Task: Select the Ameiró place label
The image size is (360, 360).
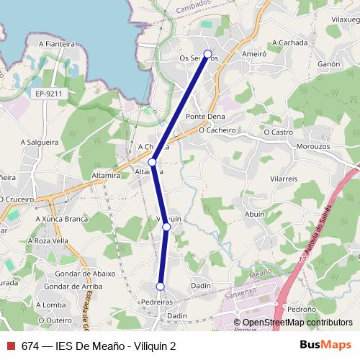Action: pos(254,53)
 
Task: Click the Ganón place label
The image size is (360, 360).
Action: pos(328,64)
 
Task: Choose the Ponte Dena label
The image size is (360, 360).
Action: pos(205,116)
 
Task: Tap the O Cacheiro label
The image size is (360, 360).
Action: pos(217,130)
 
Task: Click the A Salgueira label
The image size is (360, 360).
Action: pos(40,143)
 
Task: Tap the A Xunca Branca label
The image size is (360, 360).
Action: pos(48,217)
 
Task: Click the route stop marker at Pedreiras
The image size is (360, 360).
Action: pos(161,287)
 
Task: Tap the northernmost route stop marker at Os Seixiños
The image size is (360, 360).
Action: pos(208,54)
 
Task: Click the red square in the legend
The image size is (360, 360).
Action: pos(10,346)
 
